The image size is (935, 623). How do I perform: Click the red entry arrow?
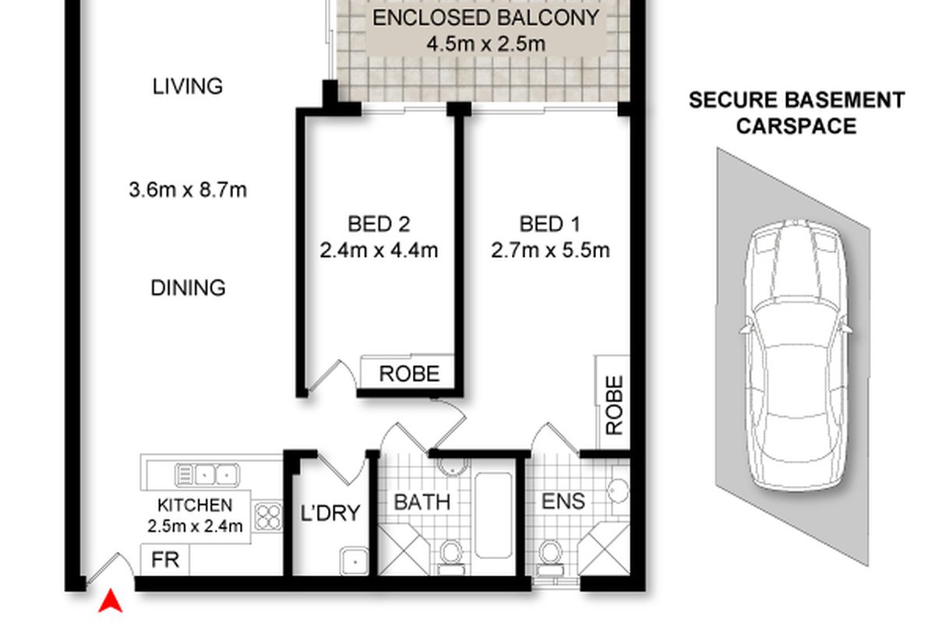[111, 601]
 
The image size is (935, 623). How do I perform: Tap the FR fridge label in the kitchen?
[165, 560]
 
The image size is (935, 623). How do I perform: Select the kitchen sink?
[207, 475]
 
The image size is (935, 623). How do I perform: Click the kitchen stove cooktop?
[267, 516]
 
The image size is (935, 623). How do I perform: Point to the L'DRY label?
[330, 513]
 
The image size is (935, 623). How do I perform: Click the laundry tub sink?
[355, 561]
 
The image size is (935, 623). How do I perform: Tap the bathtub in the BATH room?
[493, 515]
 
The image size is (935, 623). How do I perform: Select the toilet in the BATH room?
[451, 558]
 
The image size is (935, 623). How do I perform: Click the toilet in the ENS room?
[551, 558]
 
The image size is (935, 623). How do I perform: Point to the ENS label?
[563, 502]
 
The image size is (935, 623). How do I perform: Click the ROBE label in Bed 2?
[409, 374]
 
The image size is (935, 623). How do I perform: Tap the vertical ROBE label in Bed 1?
[615, 405]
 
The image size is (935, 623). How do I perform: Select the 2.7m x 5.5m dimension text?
[550, 251]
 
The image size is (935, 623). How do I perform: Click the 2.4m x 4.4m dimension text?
[379, 251]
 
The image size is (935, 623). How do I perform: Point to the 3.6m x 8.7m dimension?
[188, 190]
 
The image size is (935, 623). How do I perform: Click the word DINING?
[189, 288]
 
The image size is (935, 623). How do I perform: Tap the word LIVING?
[188, 86]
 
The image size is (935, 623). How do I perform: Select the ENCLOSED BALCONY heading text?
[486, 18]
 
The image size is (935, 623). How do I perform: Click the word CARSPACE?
[796, 126]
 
